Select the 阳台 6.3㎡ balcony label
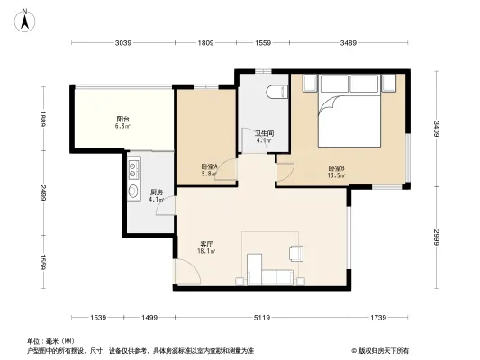click(122, 123)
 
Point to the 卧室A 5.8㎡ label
click(209, 169)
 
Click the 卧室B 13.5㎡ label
click(336, 171)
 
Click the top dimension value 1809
click(206, 43)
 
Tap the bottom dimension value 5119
click(261, 318)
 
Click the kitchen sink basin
click(134, 191)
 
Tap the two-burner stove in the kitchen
click(134, 167)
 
